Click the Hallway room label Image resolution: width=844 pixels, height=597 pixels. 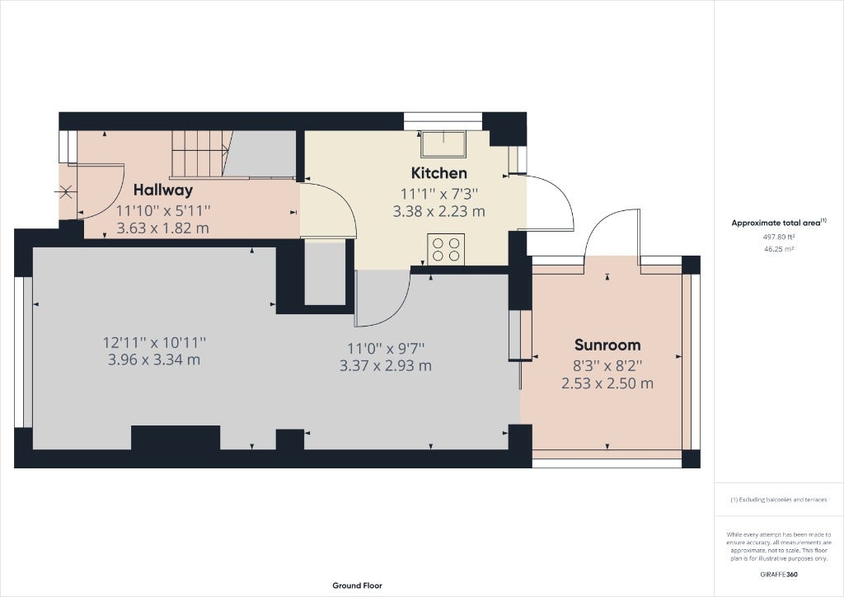163,190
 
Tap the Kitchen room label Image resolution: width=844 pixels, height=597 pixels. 438,173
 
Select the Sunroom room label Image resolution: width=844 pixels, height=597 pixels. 607,345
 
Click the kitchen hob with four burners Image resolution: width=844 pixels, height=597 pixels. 446,249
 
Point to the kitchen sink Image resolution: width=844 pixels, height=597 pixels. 444,144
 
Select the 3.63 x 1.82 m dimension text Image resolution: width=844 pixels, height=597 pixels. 163,228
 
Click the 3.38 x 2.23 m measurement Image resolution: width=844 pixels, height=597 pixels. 438,212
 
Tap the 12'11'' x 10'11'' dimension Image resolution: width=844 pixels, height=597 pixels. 154,342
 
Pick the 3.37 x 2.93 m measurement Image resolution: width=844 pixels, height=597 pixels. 386,366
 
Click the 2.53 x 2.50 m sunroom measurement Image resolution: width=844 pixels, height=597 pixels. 607,383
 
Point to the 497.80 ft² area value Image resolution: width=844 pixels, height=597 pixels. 779,237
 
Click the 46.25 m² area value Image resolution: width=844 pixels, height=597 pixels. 779,249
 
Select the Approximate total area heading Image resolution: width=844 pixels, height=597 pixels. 776,223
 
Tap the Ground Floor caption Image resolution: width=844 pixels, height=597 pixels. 358,585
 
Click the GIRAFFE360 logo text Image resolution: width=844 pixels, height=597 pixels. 779,575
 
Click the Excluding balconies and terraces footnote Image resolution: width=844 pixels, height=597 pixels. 779,500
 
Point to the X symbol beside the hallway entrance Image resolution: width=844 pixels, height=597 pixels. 66,191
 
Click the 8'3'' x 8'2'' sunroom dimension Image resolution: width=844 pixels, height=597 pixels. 607,367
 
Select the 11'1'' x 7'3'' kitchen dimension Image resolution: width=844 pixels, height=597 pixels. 438,195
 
